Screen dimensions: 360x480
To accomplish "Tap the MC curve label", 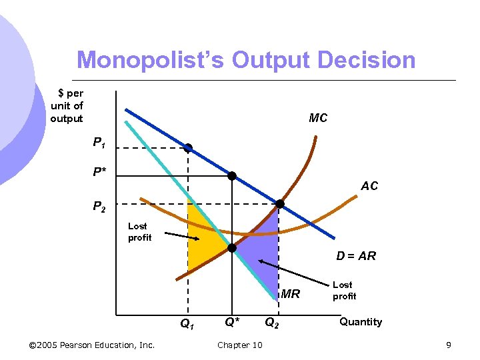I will (x=318, y=118).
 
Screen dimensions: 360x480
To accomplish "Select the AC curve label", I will (x=369, y=186).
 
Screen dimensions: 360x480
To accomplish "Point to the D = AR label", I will (x=356, y=255).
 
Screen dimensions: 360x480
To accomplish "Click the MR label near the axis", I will (x=291, y=293).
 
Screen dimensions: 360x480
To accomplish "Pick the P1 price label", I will (x=99, y=143).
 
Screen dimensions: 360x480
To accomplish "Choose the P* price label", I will (x=99, y=172).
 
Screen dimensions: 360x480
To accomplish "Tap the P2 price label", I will (x=99, y=207).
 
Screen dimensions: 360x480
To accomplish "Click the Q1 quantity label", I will (x=187, y=325).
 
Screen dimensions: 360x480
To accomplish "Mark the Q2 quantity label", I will (x=272, y=324).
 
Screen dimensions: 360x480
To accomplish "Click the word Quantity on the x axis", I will (x=361, y=322).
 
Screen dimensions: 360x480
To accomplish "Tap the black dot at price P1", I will (x=188, y=148).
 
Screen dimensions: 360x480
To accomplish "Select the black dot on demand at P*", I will (x=232, y=176).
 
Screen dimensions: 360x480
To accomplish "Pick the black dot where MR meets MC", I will (x=232, y=248).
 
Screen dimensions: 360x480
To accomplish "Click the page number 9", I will (x=449, y=345).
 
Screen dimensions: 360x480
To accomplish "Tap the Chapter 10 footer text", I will (x=240, y=345).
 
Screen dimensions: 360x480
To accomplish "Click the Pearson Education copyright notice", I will (x=93, y=345).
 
